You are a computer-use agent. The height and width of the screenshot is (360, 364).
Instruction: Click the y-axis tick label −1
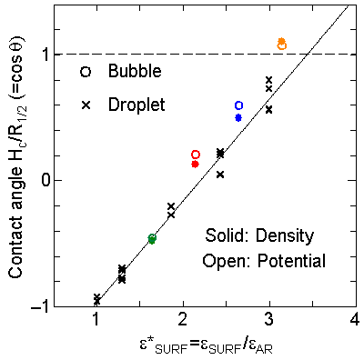click(40, 305)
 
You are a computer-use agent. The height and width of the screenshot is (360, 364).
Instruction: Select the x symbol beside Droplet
click(86, 105)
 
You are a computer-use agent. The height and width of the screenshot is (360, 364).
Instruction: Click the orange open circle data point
click(282, 45)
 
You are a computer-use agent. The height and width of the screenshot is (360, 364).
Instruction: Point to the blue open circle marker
click(238, 106)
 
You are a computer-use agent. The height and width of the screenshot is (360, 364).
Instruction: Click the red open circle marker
click(196, 155)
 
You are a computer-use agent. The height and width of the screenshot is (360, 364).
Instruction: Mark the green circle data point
click(152, 238)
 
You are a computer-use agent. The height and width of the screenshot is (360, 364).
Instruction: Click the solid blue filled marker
click(238, 117)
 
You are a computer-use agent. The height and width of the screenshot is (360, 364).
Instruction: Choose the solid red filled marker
click(196, 164)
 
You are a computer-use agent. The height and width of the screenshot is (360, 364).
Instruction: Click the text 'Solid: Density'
click(258, 236)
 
